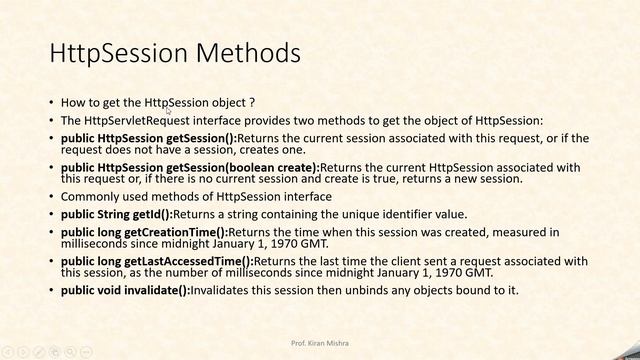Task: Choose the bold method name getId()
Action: tap(150, 214)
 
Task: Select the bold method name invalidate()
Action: tap(158, 291)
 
